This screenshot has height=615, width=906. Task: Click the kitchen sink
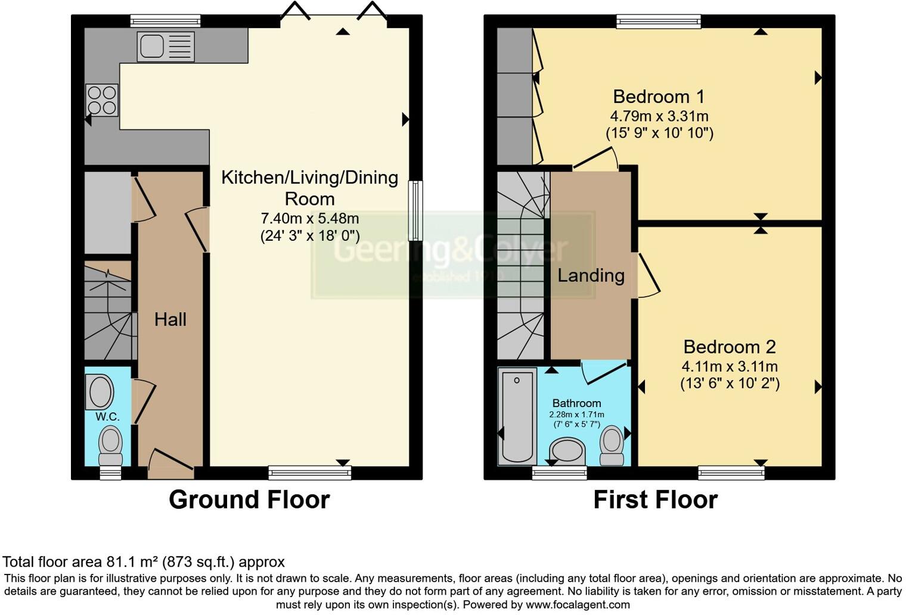coord(166,46)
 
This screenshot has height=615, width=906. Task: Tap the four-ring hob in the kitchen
coord(102,100)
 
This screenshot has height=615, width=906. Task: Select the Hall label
coord(170,319)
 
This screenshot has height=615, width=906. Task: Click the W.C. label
coord(107,417)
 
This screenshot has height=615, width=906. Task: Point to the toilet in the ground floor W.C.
coord(110,445)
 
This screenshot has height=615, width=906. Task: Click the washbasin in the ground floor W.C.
coord(101,392)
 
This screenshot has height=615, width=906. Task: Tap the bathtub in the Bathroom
coord(517,415)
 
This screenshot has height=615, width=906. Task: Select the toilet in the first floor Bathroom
coord(612,445)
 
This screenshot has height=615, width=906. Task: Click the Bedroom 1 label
coord(659,97)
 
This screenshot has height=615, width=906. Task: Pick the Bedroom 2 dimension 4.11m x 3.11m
coord(730,366)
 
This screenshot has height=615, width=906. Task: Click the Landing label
coord(591,275)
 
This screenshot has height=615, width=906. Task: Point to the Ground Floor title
coord(249,499)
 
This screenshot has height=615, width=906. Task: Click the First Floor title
coord(655,499)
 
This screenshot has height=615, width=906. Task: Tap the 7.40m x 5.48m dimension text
coord(309,219)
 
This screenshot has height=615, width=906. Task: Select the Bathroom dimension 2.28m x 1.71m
coord(576,415)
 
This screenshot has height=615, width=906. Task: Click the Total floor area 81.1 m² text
coord(144,561)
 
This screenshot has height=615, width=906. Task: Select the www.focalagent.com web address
coord(578,604)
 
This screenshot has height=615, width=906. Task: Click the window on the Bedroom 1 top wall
coord(659,22)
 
